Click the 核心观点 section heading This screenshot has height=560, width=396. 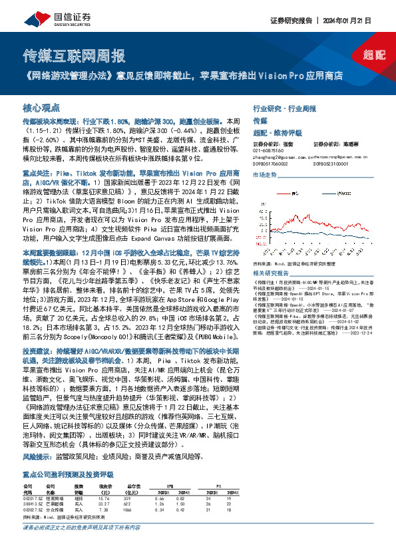(42, 107)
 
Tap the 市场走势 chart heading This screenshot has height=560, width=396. (264, 174)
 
